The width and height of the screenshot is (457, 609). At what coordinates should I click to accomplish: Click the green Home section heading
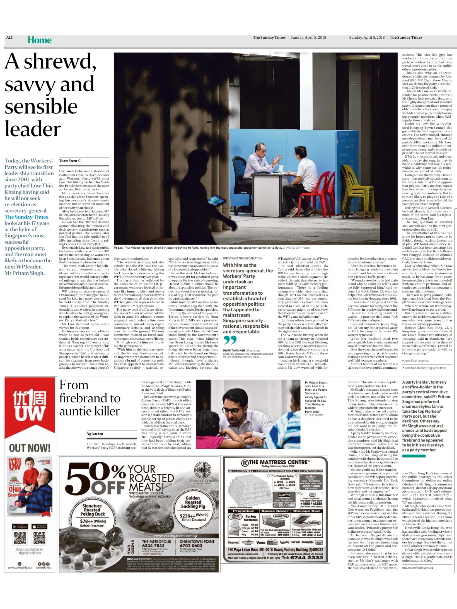pyautogui.click(x=39, y=40)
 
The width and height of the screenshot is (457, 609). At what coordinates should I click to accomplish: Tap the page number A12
pyautogui.click(x=9, y=37)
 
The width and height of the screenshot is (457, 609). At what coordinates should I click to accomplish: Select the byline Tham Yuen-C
pyautogui.click(x=70, y=161)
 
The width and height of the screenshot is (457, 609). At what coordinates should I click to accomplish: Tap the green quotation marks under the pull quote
pyautogui.click(x=230, y=340)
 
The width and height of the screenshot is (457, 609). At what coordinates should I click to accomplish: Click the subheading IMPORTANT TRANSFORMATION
pyautogui.click(x=242, y=258)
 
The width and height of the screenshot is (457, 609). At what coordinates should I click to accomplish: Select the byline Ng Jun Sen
pyautogui.click(x=95, y=434)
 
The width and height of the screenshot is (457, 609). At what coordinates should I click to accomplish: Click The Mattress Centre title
pyautogui.click(x=275, y=462)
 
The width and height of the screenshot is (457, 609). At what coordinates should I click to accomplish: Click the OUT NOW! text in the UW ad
pyautogui.click(x=29, y=448)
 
